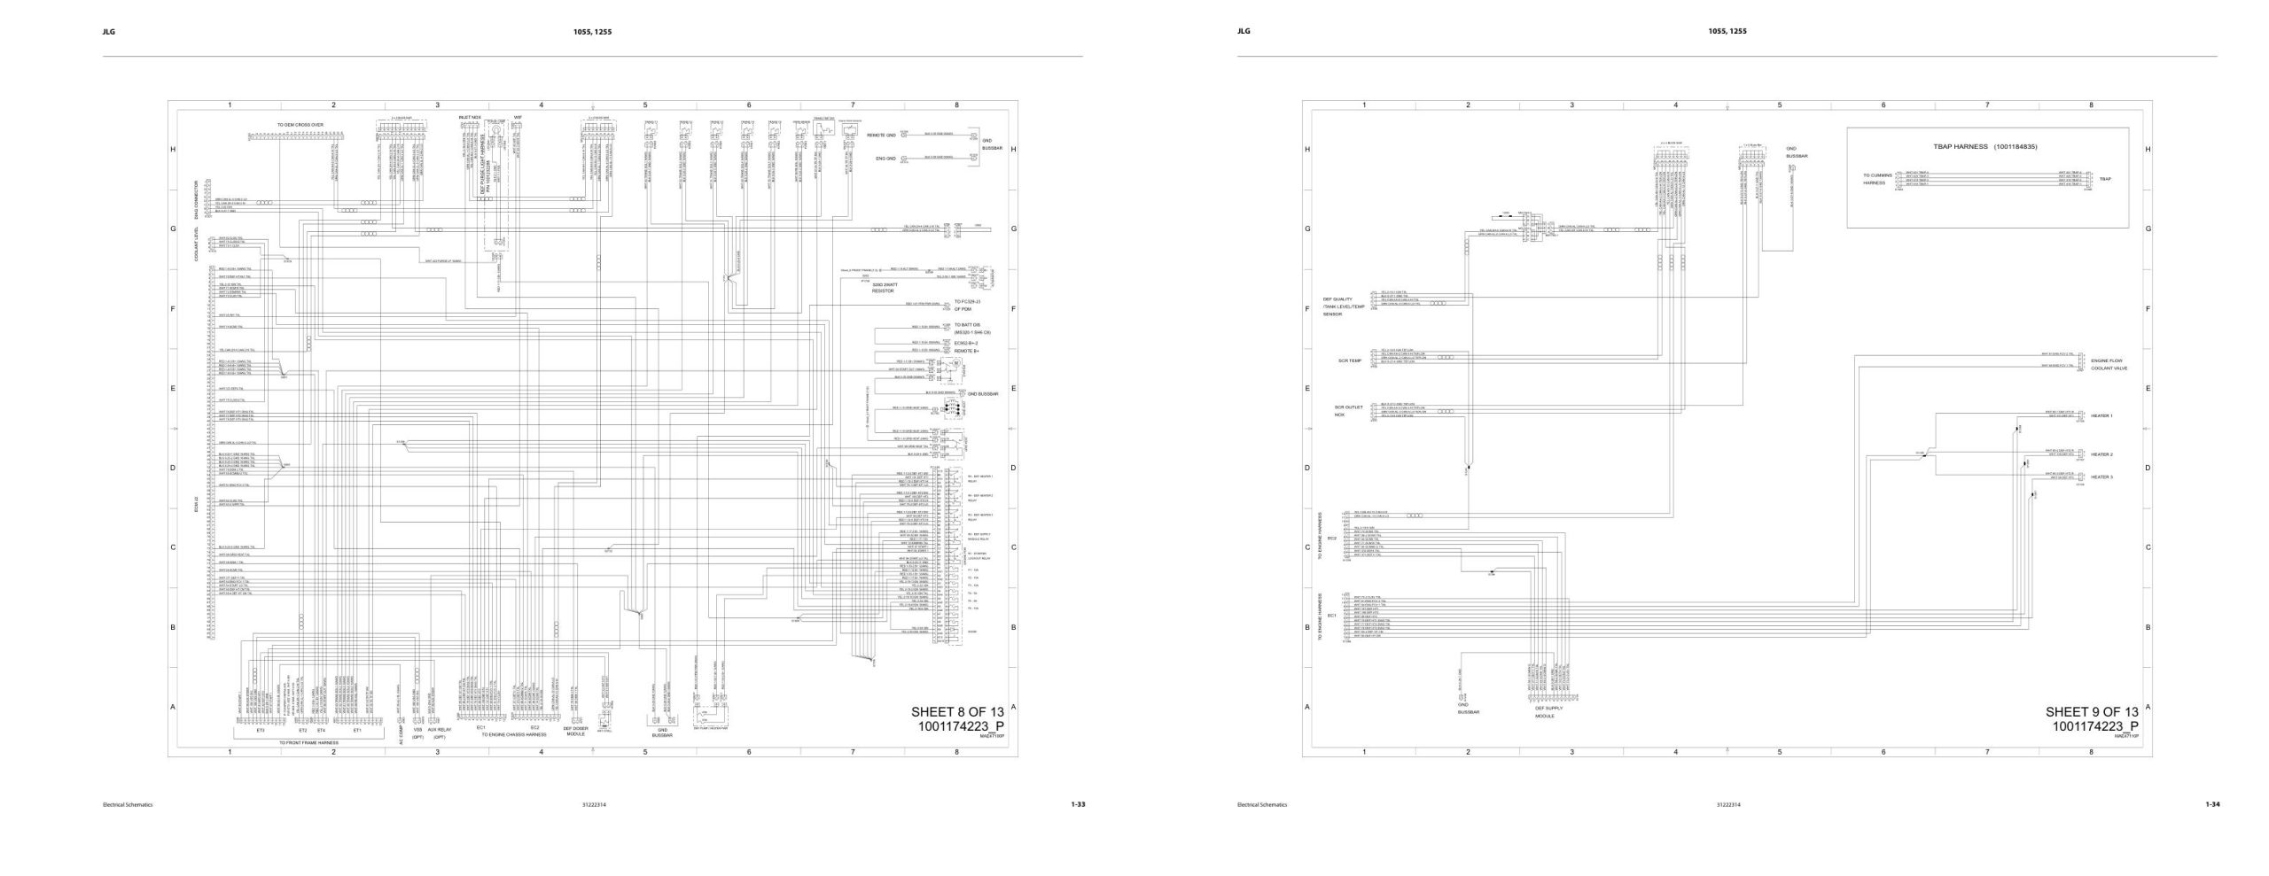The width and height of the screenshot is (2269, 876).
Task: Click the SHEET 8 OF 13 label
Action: click(957, 712)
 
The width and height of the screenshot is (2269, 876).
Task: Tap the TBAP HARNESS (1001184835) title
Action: click(1984, 146)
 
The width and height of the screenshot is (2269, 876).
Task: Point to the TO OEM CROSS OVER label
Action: click(300, 126)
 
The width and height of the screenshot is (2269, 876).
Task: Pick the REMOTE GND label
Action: click(881, 136)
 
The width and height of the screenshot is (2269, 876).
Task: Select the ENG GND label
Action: click(885, 159)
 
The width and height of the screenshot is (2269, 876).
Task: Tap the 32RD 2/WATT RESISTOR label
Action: click(884, 287)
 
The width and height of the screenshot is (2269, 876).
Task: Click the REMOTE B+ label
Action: click(966, 351)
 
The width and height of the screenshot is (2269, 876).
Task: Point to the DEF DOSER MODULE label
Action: click(575, 731)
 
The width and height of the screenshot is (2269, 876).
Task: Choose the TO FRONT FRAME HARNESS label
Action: click(308, 742)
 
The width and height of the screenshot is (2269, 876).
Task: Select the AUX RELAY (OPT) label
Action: click(439, 733)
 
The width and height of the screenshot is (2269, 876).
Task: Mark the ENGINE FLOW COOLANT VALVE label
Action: click(2109, 364)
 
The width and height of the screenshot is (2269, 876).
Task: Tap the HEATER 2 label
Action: click(2102, 454)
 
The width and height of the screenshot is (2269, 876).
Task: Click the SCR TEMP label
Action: click(1349, 360)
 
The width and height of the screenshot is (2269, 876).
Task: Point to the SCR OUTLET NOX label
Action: click(1347, 411)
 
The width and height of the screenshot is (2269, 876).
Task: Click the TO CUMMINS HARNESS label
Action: click(1877, 179)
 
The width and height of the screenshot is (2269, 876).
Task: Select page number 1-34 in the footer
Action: click(2212, 804)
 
